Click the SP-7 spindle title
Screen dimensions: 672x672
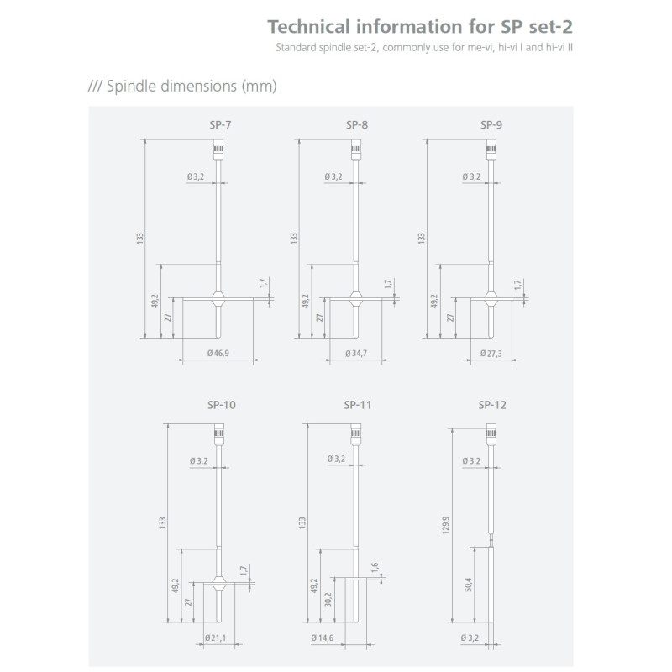220,124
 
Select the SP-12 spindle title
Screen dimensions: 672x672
492,405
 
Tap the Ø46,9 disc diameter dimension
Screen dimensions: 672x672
218,353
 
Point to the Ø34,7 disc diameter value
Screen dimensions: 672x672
356,353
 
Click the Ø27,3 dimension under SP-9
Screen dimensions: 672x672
491,353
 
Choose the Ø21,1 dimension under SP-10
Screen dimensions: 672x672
215,638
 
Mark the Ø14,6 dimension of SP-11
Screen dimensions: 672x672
323,638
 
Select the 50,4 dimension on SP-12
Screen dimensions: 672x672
468,585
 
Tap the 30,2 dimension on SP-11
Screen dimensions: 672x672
328,600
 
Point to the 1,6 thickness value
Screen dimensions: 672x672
375,568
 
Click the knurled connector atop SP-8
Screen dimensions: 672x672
355,150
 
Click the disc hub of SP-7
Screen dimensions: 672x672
218,298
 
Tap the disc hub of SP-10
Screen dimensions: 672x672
218,583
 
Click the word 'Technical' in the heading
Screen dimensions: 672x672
308,27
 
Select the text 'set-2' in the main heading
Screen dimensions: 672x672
551,27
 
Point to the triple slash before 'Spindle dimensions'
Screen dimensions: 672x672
95,86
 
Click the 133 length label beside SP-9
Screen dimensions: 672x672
422,239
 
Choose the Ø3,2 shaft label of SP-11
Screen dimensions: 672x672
336,459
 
